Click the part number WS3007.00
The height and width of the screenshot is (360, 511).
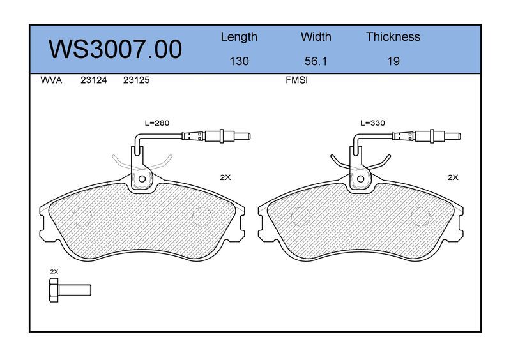pos(116,49)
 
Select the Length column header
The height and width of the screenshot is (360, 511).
pos(239,37)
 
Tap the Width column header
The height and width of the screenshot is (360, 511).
pos(316,36)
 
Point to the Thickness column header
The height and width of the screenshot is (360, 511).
pos(393,36)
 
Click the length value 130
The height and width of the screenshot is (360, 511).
pos(239,61)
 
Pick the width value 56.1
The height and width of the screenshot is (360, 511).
pos(316,61)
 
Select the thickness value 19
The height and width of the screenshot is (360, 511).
pos(393,61)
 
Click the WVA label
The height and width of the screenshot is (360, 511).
pos(51,80)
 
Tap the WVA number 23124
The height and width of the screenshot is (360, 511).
pos(93,80)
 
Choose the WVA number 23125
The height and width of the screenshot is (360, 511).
pos(136,80)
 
